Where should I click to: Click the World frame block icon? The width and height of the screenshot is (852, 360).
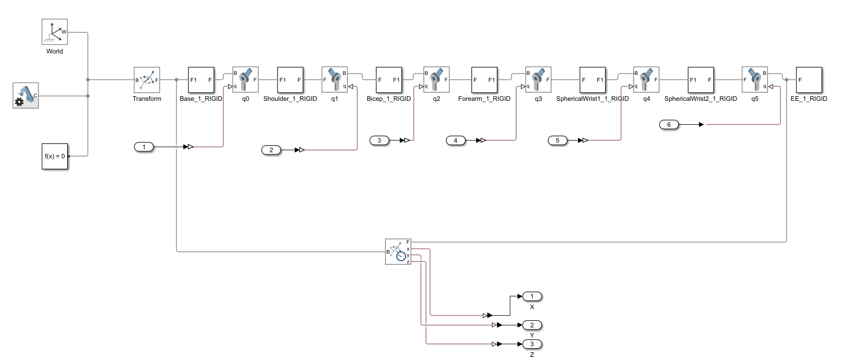coord(54,32)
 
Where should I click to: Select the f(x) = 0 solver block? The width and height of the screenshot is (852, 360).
coord(55,156)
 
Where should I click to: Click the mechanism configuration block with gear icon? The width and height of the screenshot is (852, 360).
coord(25,96)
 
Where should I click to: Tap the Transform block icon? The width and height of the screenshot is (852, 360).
coord(147,80)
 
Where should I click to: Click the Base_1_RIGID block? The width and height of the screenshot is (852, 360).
coord(201,80)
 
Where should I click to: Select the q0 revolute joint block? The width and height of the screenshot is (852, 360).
coord(245,80)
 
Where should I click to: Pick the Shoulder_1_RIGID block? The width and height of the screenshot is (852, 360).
coord(290,80)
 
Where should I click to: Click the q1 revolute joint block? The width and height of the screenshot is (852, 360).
coord(335,80)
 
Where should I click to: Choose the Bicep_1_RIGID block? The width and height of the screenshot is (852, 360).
coord(389,80)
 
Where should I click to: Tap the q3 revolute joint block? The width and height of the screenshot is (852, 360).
coord(538,80)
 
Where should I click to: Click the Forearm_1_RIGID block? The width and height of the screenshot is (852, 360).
coord(484,80)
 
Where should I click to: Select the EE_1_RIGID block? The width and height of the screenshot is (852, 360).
coord(809,80)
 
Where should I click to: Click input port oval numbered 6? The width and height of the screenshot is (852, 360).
coord(669,125)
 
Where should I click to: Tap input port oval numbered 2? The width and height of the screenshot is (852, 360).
coord(271,150)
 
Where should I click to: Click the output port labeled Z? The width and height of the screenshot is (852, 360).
coord(532,344)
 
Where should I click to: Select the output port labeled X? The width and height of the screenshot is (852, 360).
coord(532,296)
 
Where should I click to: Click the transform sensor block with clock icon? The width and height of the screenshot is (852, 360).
coord(398,252)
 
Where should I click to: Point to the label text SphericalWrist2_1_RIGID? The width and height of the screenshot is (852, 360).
coord(700,99)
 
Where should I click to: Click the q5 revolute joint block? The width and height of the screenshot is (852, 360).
coord(755,80)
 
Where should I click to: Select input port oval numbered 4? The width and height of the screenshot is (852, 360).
coord(455,141)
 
